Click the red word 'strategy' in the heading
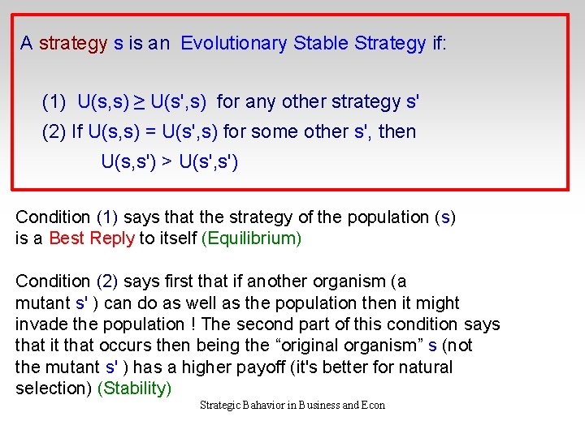[73, 43]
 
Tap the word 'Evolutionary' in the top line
[234, 43]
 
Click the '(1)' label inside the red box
[54, 102]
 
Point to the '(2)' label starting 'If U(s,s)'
[54, 131]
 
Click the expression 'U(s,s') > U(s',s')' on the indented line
[169, 161]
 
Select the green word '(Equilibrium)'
[252, 238]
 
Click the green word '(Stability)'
[135, 389]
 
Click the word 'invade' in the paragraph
[41, 324]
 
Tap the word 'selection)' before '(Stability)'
[54, 389]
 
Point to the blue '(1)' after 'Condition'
[107, 217]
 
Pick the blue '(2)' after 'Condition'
[107, 281]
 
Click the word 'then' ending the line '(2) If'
[397, 131]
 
